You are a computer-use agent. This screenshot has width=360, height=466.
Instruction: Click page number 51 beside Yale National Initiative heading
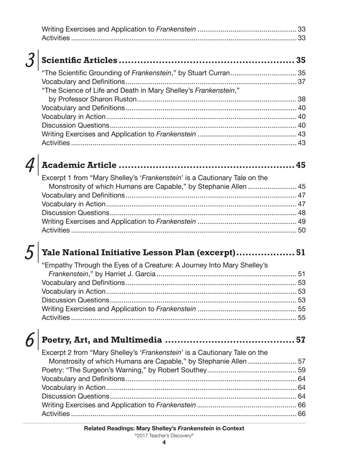tap(300, 253)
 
